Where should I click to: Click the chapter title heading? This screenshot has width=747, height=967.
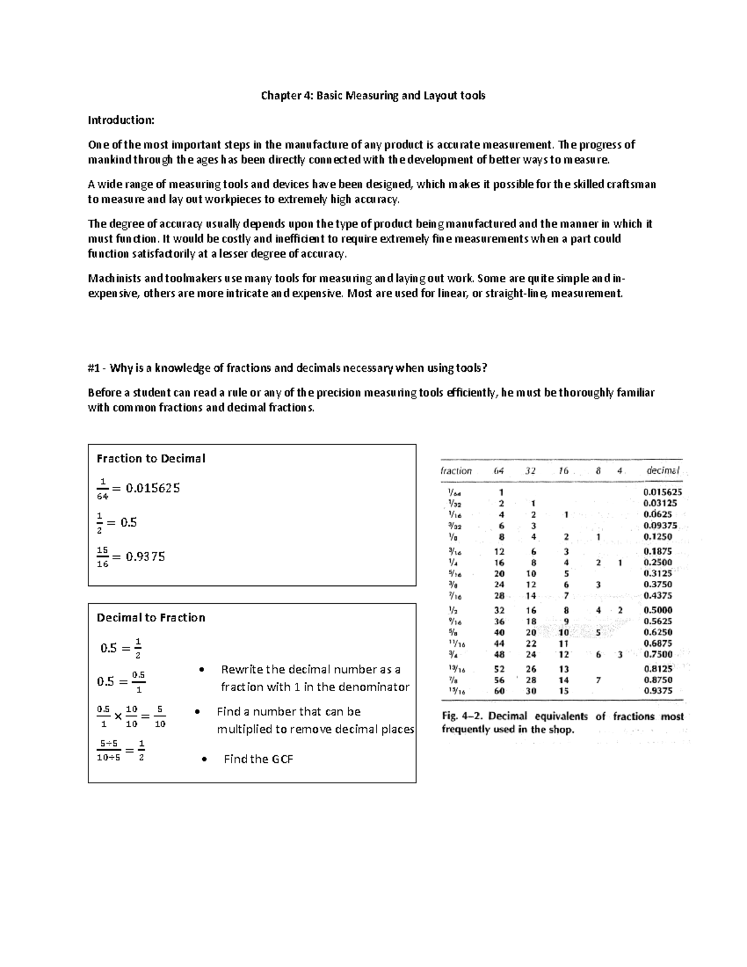pos(373,95)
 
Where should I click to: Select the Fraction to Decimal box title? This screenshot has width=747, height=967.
pos(151,458)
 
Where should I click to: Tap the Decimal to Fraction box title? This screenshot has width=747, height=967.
pos(151,618)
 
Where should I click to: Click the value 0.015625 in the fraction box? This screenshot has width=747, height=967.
pos(153,488)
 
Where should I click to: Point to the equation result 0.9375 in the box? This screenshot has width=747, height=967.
pos(145,557)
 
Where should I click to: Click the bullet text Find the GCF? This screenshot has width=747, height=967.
pos(258,759)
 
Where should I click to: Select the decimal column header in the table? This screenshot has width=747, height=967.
pos(662,471)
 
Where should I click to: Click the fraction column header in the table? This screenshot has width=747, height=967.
pos(456,471)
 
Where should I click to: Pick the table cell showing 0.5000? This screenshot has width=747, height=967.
pos(658,610)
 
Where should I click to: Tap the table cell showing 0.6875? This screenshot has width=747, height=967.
pos(658,643)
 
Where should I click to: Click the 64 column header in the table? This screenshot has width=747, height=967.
pos(499,471)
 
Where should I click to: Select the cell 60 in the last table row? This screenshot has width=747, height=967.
pos(499,691)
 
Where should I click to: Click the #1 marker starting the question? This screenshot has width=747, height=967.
pos(94,368)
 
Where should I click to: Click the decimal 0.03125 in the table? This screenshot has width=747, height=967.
pos(660,503)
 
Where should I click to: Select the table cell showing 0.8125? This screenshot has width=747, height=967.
pos(658,669)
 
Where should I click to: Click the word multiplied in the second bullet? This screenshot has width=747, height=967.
pos(245,729)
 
